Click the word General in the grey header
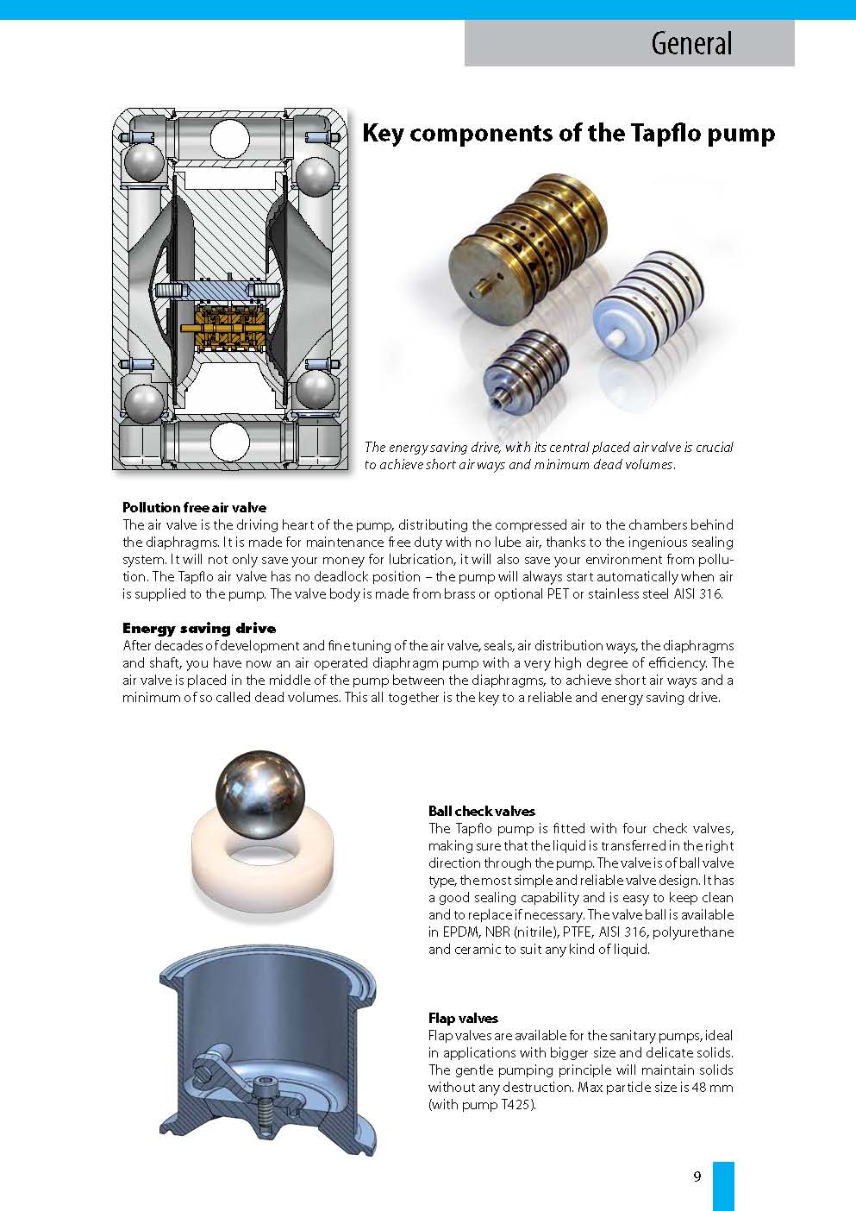(x=691, y=43)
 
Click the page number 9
(x=697, y=1176)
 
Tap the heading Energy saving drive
(x=199, y=628)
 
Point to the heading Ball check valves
(x=481, y=811)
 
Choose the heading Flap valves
(x=463, y=1018)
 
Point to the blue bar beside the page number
(x=723, y=1185)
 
